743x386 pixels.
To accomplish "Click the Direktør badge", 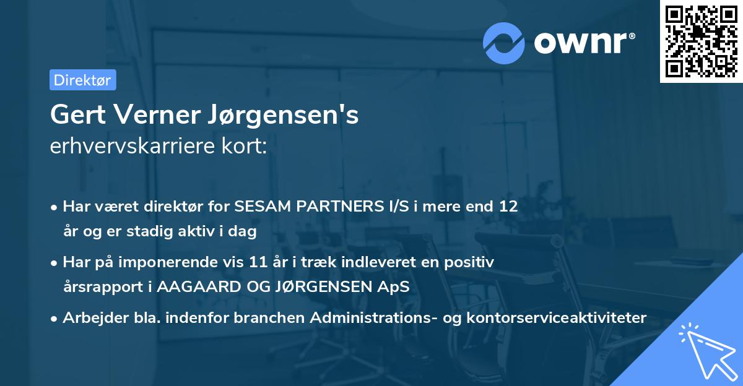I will pos(82,80).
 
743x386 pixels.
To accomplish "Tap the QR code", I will pos(701,41).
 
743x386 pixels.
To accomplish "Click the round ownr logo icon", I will pos(503,43).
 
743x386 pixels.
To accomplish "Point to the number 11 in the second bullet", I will pos(281,262).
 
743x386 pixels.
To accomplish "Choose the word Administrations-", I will pos(382,318).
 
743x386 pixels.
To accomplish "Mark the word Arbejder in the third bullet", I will pos(90,318).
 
